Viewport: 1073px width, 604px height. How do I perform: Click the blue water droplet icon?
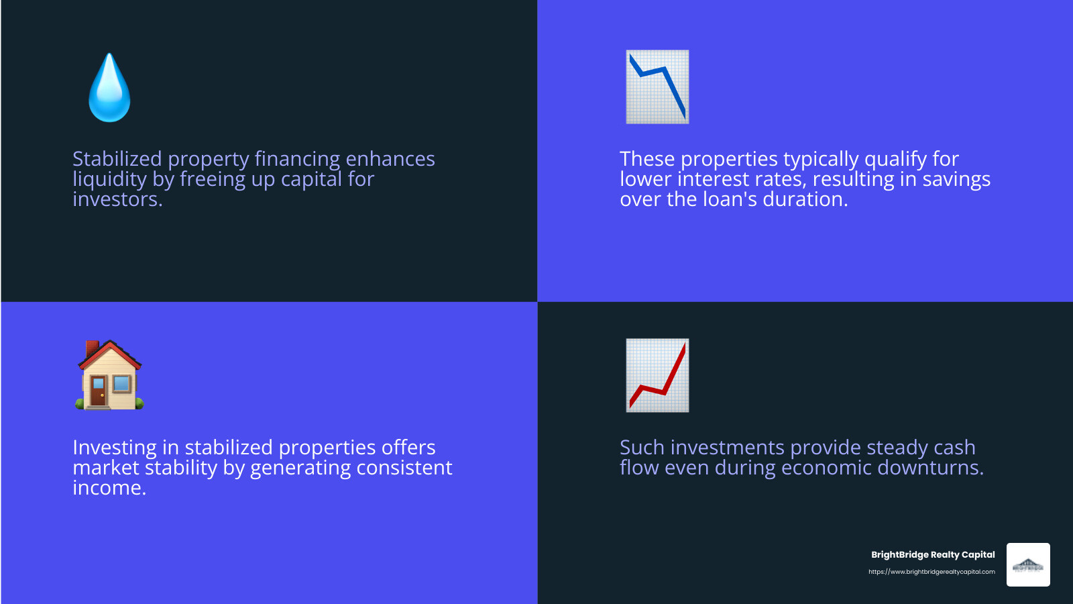coord(109,89)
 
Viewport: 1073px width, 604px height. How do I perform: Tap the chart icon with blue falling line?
coord(657,87)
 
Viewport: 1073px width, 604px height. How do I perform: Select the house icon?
coord(109,376)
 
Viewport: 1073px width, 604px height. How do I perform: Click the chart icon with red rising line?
coord(657,376)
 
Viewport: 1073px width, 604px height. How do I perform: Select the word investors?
coord(117,199)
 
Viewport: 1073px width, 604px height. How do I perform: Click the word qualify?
coord(895,159)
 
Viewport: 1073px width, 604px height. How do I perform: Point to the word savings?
coord(956,179)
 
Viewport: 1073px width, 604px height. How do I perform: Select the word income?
coord(109,488)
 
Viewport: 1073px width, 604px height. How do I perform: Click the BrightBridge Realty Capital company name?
coord(933,555)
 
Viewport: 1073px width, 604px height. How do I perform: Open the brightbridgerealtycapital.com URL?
coord(931,572)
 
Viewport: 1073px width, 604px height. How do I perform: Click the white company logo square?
coord(1028,565)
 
